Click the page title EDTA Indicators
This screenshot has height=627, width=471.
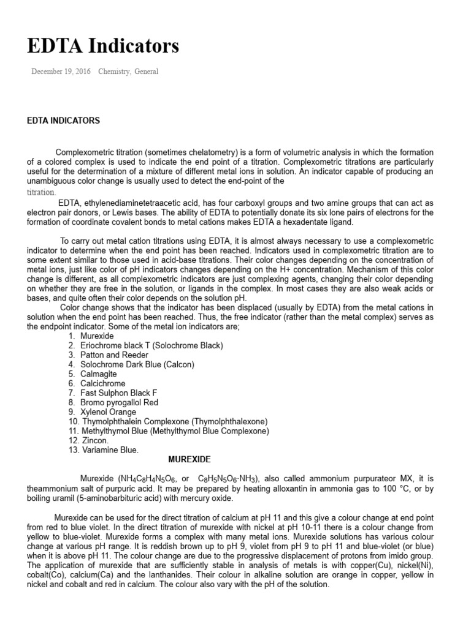(x=103, y=46)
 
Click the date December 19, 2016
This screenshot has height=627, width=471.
(x=61, y=72)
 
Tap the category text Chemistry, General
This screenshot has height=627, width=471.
(x=128, y=72)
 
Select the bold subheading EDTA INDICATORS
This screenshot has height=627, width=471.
(x=63, y=121)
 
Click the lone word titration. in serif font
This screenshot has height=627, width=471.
(x=42, y=192)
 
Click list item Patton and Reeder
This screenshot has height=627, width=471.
(x=113, y=355)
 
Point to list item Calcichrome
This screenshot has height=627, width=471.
(x=101, y=383)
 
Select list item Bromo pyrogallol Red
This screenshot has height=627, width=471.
(x=119, y=402)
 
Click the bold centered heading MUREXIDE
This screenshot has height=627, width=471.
(x=190, y=459)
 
